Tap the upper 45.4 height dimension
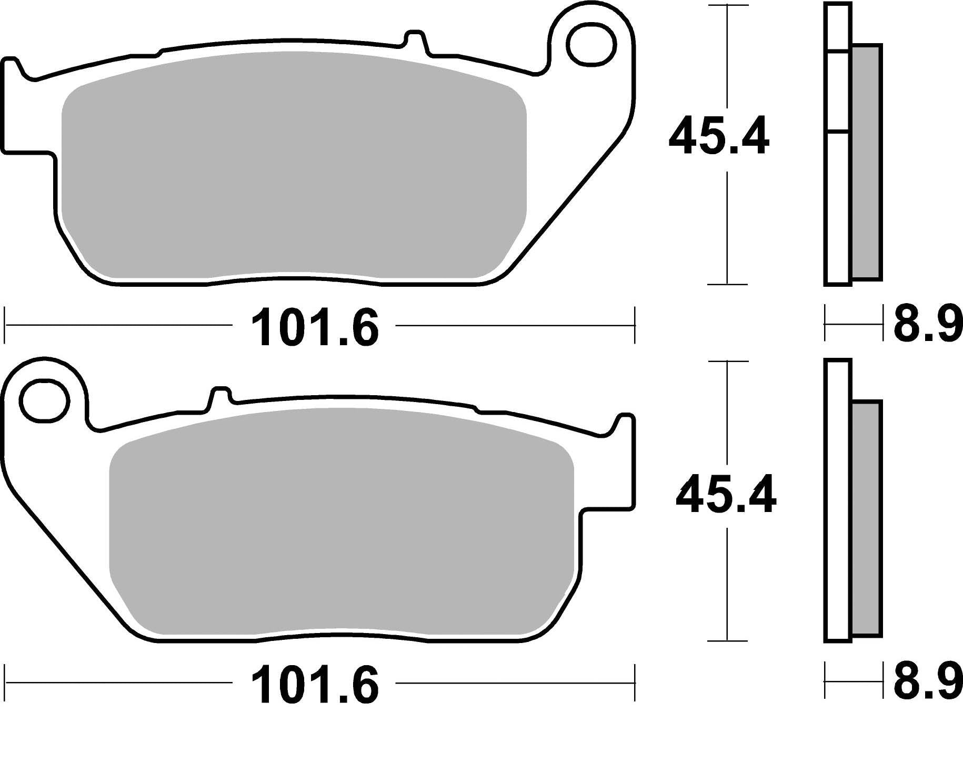tap(719, 137)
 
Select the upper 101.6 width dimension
tap(315, 328)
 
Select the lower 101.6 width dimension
tap(315, 685)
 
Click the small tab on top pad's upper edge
tap(414, 42)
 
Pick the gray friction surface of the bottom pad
tap(342, 526)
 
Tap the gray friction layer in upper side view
tap(866, 163)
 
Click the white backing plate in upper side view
tap(837, 210)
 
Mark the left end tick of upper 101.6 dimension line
tap(5, 326)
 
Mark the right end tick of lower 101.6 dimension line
tap(635, 683)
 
